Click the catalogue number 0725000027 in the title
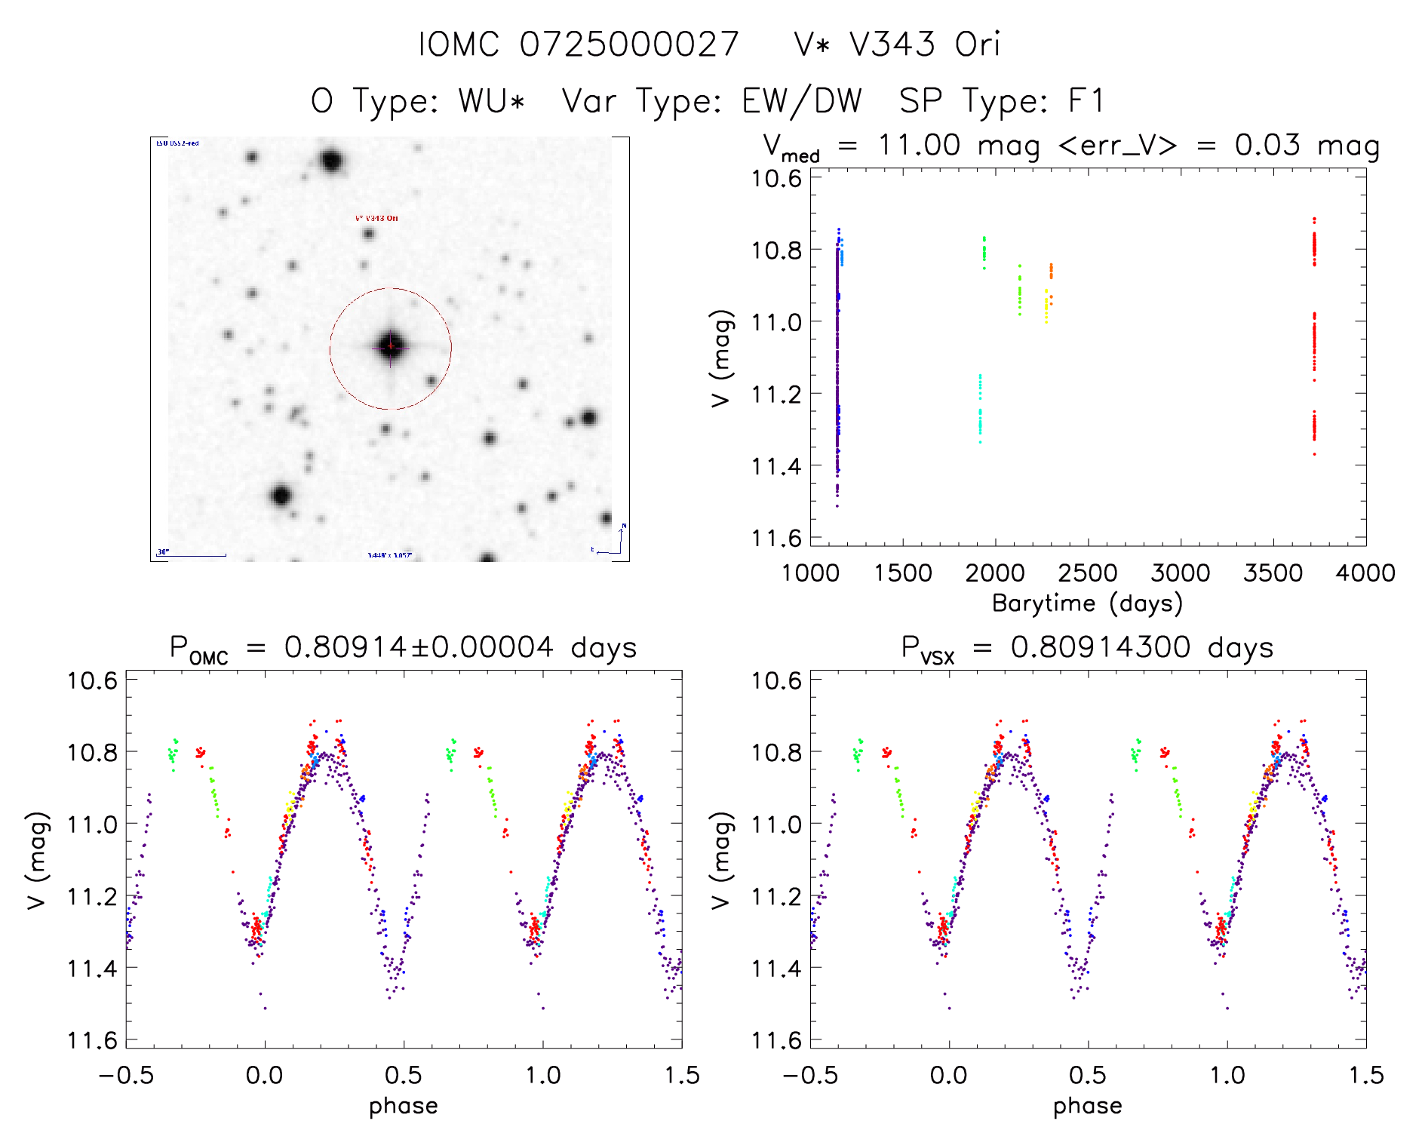[628, 45]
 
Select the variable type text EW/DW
[801, 101]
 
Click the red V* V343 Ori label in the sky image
[376, 218]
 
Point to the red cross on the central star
[390, 346]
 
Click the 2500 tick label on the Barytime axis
[1087, 573]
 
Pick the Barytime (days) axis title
[1087, 603]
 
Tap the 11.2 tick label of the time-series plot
[776, 394]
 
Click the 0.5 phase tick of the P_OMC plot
[404, 1075]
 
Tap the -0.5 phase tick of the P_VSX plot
[809, 1075]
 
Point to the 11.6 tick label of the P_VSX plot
[776, 1040]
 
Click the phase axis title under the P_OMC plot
[403, 1106]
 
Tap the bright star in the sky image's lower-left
[281, 496]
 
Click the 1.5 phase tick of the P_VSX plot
[1365, 1075]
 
